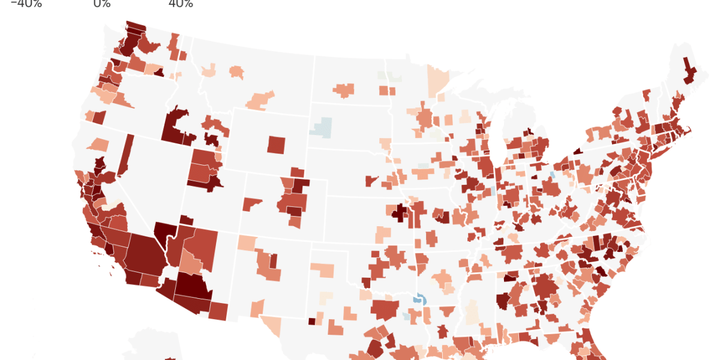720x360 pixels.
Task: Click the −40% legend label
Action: coord(26,4)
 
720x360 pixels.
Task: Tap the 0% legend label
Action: coord(102,4)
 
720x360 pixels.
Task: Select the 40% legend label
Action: coord(181,4)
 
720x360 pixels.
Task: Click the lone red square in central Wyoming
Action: coord(277,145)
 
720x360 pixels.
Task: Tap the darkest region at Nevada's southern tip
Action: coord(163,232)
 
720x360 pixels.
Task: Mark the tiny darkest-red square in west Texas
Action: coord(311,321)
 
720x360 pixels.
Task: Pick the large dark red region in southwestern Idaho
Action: coord(175,127)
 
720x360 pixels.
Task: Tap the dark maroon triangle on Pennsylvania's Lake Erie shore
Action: coord(577,151)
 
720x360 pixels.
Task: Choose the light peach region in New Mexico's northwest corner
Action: coord(245,242)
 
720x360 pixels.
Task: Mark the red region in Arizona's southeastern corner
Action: coord(218,311)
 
